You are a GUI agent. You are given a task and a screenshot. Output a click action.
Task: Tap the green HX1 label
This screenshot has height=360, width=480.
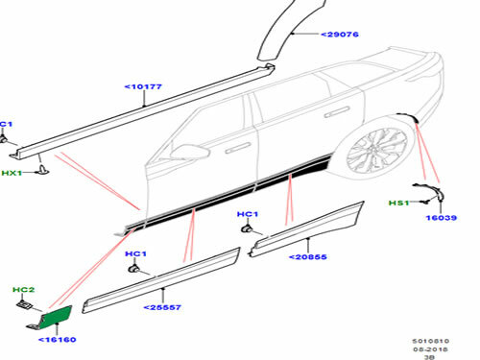pyautogui.click(x=11, y=172)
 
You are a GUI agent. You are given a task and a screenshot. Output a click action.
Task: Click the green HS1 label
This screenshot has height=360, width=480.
pyautogui.click(x=397, y=204)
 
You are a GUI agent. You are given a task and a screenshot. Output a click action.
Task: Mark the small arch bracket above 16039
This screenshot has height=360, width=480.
pyautogui.click(x=423, y=192)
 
